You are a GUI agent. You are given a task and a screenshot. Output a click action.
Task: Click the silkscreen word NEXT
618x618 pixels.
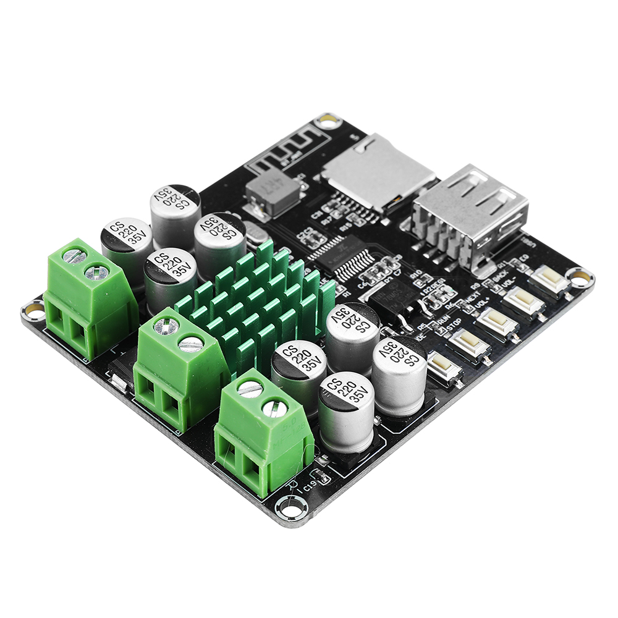(472, 300)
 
